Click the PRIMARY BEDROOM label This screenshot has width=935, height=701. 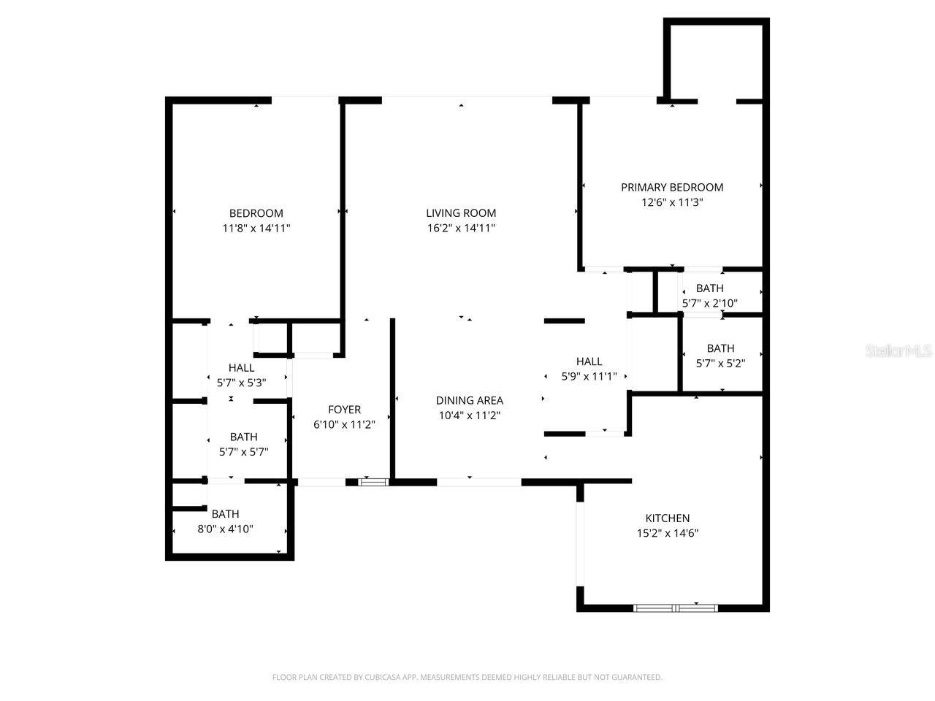click(x=671, y=188)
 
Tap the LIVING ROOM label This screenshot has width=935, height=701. click(x=461, y=213)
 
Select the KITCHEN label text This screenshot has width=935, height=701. click(x=667, y=518)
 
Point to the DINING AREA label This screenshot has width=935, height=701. click(x=469, y=400)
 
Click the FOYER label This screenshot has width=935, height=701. click(x=343, y=410)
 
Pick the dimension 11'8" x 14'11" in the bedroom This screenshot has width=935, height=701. click(x=256, y=228)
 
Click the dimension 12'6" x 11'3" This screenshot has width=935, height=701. click(x=671, y=202)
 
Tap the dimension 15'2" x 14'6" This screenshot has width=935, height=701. click(x=667, y=533)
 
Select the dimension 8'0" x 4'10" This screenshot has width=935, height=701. click(x=225, y=529)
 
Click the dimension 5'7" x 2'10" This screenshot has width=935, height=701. click(x=709, y=303)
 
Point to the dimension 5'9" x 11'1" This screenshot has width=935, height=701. click(x=589, y=376)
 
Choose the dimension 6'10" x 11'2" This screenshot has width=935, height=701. click(x=343, y=424)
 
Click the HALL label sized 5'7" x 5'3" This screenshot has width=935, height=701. click(x=241, y=368)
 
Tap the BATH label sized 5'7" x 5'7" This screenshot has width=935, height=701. click(x=243, y=437)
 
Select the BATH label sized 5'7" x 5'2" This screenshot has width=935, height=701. click(x=720, y=348)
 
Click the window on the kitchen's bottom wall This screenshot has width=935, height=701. click(x=676, y=608)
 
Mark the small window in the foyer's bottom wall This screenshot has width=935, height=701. click(x=373, y=482)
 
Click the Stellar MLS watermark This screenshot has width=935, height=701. click(x=898, y=351)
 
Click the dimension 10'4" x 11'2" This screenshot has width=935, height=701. click(x=469, y=415)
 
